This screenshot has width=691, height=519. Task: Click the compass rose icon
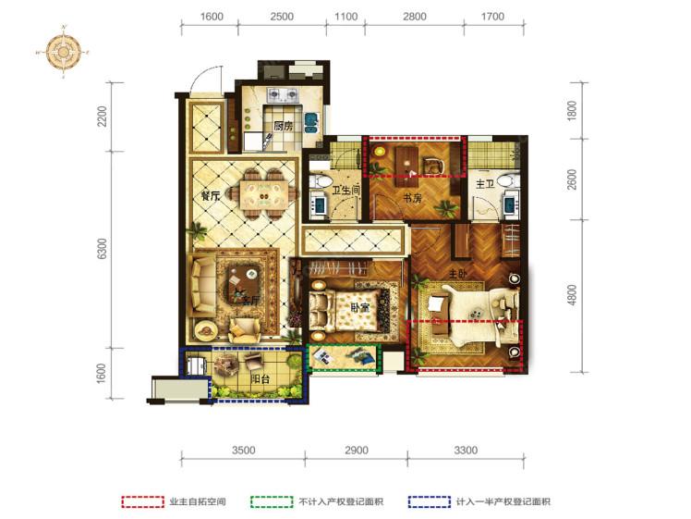64,52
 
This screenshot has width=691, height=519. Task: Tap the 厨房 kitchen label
284,127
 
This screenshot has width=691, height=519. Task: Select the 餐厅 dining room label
210,196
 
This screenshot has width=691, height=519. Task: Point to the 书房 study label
411,198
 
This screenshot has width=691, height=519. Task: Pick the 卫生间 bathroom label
345,192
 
